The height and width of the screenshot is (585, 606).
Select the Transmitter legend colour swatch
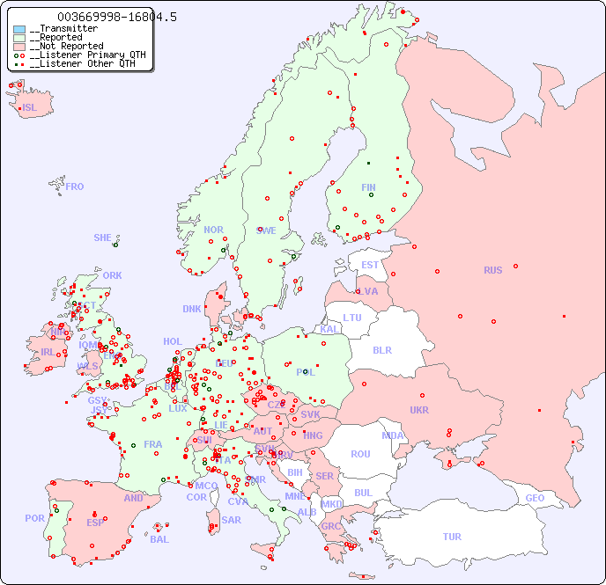click(x=19, y=29)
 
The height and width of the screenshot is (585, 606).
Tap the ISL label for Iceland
click(x=30, y=108)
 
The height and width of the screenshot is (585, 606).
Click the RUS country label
click(x=492, y=270)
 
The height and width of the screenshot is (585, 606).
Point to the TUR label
click(x=452, y=537)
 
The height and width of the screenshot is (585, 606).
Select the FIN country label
click(x=368, y=187)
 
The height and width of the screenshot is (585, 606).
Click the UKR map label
click(x=419, y=410)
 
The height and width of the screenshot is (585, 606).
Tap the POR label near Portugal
click(x=34, y=518)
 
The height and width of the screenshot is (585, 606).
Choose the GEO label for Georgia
click(x=535, y=498)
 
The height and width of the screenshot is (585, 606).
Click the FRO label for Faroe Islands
click(x=75, y=186)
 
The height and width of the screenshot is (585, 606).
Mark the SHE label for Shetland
click(x=103, y=238)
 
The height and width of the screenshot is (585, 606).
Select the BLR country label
click(x=381, y=349)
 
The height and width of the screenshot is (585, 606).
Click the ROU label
click(x=360, y=454)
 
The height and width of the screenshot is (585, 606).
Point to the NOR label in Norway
click(x=213, y=230)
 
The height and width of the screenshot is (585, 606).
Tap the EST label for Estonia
click(x=370, y=265)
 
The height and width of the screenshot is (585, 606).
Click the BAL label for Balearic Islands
click(x=159, y=539)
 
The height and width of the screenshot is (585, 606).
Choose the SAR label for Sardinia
click(x=231, y=520)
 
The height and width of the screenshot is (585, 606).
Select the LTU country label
click(x=352, y=318)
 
